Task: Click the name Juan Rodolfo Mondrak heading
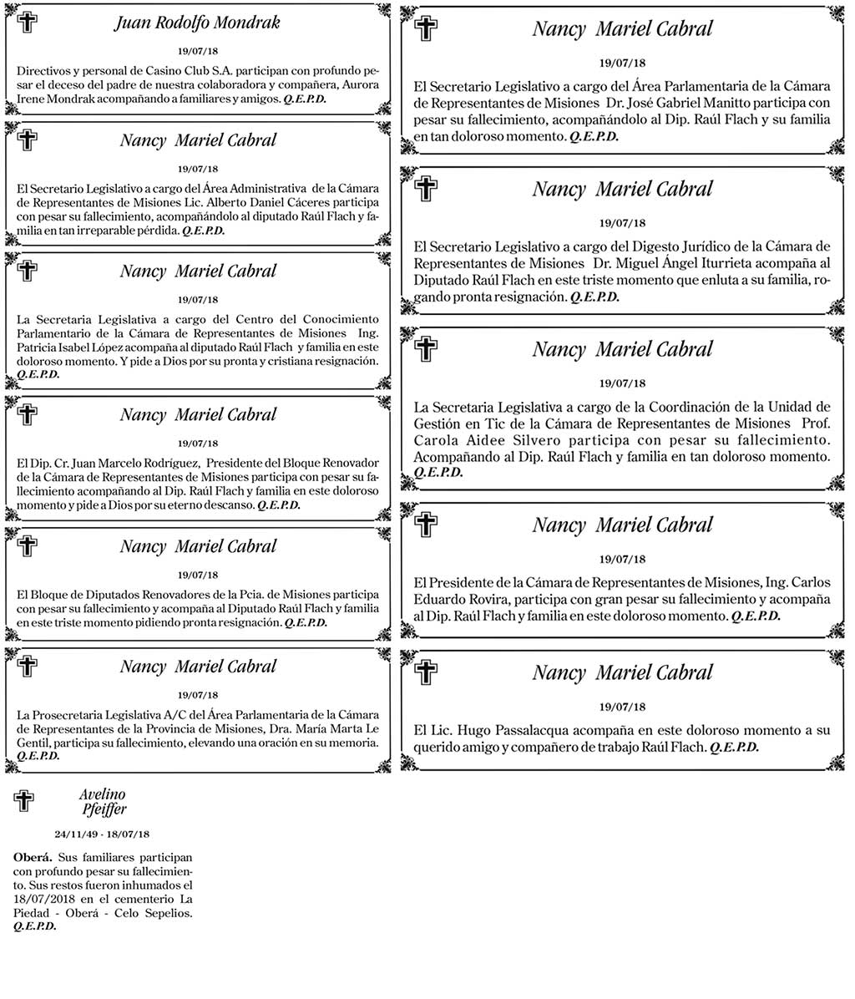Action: (x=196, y=23)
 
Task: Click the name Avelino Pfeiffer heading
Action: (x=103, y=801)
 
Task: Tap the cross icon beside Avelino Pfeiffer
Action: (x=24, y=801)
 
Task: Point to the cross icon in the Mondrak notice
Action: (x=28, y=23)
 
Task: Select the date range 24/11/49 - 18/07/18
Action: (x=102, y=834)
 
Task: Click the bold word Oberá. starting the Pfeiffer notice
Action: (x=33, y=858)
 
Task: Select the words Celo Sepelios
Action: (x=158, y=913)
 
